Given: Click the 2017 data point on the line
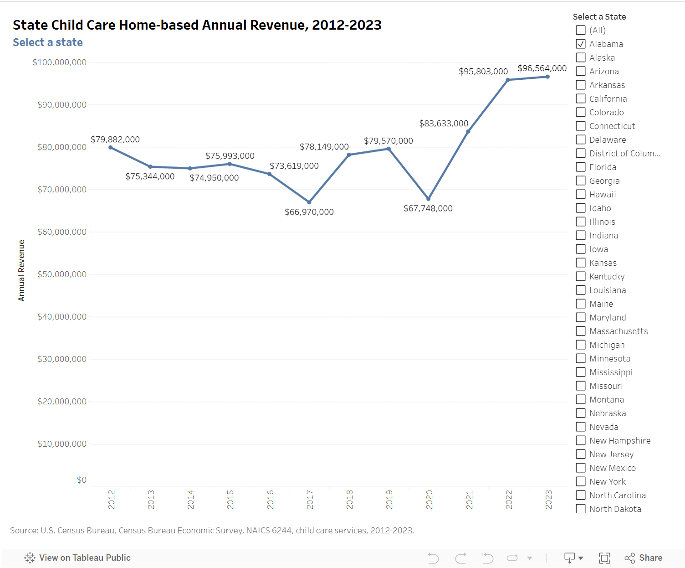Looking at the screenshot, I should (x=309, y=202).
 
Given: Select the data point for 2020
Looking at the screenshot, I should (x=428, y=199).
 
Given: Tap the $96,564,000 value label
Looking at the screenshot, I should (x=542, y=68).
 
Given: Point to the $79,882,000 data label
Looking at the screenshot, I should (x=115, y=139).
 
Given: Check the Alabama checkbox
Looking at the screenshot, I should (x=581, y=44).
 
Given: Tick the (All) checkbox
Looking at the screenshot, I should (x=581, y=30).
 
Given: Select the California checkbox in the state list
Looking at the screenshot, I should (x=581, y=98).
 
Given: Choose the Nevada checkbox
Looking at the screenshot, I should (x=581, y=427).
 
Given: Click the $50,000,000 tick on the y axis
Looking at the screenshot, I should (x=62, y=274).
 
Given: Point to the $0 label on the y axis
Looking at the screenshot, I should (x=82, y=480).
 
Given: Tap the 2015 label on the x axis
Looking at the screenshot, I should (x=230, y=500).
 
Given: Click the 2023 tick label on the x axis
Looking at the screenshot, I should (x=549, y=500).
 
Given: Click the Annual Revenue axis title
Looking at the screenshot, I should (x=21, y=270).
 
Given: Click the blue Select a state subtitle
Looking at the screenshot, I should (x=48, y=42).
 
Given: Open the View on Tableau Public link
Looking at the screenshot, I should (x=77, y=558).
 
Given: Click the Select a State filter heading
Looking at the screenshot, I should (x=599, y=17).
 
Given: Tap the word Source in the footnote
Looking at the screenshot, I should (x=24, y=531).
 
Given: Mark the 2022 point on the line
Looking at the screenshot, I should (x=508, y=80).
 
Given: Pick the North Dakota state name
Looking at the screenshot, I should (x=615, y=509).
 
